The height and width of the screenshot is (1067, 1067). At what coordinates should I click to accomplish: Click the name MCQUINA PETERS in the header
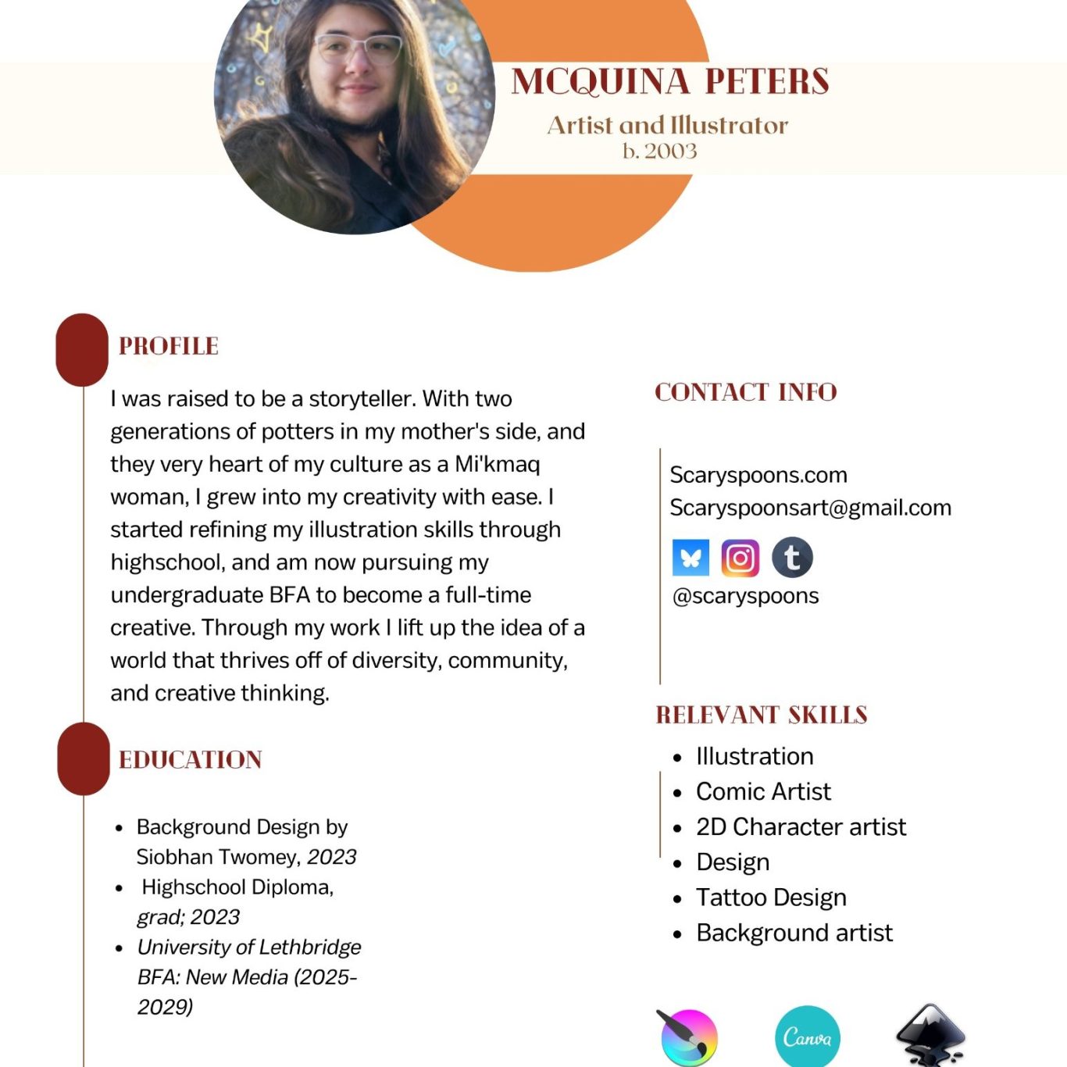pyautogui.click(x=670, y=82)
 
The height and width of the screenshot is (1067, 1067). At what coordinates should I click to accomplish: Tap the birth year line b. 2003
pyautogui.click(x=660, y=151)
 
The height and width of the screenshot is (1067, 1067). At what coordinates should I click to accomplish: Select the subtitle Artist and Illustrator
pyautogui.click(x=668, y=125)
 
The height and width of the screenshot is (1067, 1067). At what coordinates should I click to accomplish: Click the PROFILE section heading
pyautogui.click(x=169, y=346)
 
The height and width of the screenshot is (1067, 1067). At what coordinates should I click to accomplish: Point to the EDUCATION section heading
pyautogui.click(x=191, y=759)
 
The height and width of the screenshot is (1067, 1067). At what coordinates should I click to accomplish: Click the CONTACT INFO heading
pyautogui.click(x=746, y=392)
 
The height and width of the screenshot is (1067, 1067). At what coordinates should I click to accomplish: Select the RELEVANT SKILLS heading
pyautogui.click(x=762, y=715)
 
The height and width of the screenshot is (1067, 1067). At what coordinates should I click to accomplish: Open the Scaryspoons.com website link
pyautogui.click(x=758, y=475)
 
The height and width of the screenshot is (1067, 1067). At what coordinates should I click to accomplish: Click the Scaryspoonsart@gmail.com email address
pyautogui.click(x=811, y=508)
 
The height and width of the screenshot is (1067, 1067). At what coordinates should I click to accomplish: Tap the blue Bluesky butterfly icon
pyautogui.click(x=691, y=558)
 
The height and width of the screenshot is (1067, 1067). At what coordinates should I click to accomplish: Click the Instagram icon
pyautogui.click(x=740, y=558)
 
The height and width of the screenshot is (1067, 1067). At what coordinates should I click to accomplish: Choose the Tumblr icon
pyautogui.click(x=792, y=558)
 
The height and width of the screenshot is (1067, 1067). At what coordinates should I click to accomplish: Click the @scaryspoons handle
pyautogui.click(x=746, y=596)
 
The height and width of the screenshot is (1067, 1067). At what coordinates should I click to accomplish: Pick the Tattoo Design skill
pyautogui.click(x=771, y=897)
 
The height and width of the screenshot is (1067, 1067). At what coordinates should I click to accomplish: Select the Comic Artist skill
pyautogui.click(x=763, y=791)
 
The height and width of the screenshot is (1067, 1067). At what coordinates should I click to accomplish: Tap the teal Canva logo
pyautogui.click(x=808, y=1037)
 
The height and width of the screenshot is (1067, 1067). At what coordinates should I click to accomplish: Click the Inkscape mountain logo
pyautogui.click(x=930, y=1036)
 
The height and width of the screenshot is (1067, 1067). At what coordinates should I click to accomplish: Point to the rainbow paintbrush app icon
pyautogui.click(x=688, y=1037)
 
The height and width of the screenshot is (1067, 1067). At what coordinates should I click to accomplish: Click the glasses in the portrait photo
pyautogui.click(x=358, y=49)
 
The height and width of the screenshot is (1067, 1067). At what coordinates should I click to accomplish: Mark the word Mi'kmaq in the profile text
pyautogui.click(x=498, y=464)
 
